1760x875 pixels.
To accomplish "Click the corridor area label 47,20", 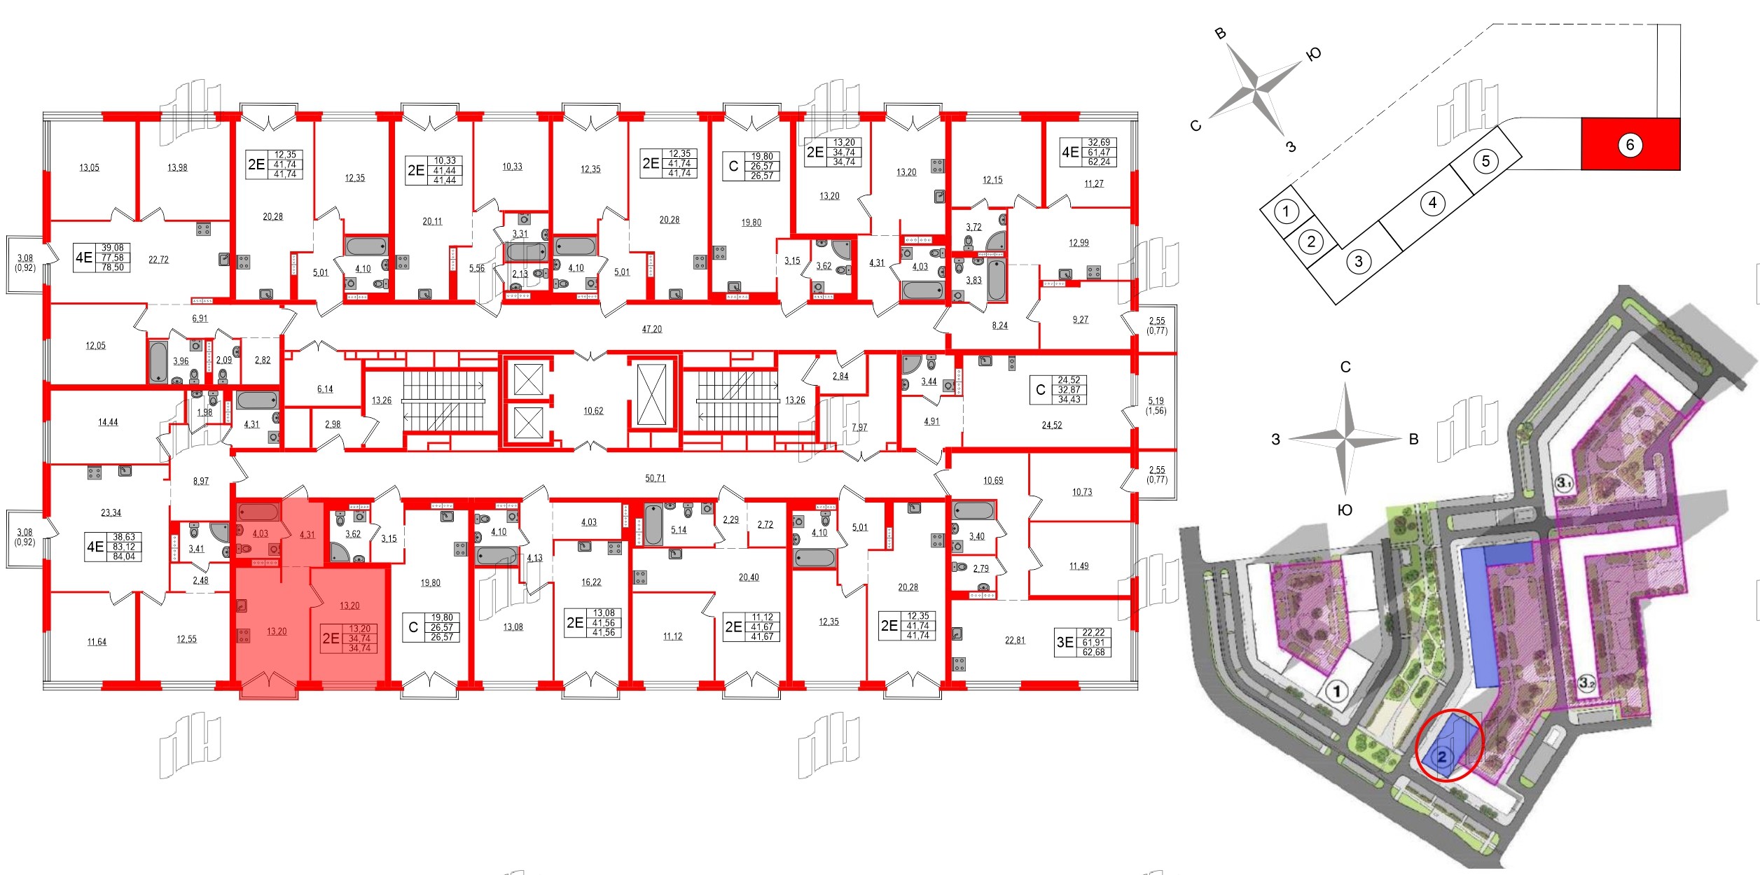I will coord(651,329).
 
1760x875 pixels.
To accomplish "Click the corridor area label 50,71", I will coord(655,478).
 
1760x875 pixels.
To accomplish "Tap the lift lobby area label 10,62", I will coord(593,411).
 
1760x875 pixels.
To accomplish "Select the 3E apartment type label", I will coord(1065,642).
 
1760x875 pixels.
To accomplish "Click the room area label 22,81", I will coord(1015,640).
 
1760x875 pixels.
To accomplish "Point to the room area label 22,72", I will coord(158,260).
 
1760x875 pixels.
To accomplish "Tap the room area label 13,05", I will coord(89,167).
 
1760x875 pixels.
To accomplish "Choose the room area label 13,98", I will coord(177,167).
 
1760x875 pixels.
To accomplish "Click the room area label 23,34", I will coord(111,512).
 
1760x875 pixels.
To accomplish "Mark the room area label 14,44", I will coord(108,422).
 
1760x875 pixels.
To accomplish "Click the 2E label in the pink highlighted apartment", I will coord(331,638).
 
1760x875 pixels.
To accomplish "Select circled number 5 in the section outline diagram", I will coord(1485,162).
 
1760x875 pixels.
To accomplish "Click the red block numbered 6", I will coord(1630,145).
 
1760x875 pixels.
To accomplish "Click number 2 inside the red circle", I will coord(1442,757).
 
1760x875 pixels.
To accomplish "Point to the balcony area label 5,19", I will coord(1156,401).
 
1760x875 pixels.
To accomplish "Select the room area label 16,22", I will coord(590,582).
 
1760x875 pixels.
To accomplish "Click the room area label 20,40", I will coord(748,577).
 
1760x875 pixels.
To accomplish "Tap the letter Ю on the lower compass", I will coord(1345,510).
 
